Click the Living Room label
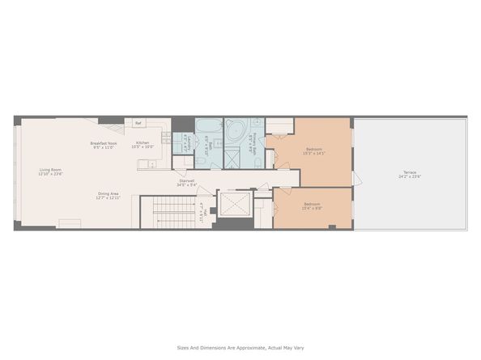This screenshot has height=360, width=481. tap(50, 169)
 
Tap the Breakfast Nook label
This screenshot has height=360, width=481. tap(105, 143)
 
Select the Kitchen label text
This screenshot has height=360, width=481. tap(143, 143)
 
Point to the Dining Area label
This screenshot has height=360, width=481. tap(109, 193)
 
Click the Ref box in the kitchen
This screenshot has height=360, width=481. tap(138, 123)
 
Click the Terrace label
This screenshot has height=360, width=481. tap(411, 172)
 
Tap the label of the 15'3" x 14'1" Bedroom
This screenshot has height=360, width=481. tap(315, 149)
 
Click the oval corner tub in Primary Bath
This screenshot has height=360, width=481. tap(236, 129)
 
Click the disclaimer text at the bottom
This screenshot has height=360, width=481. tap(240, 348)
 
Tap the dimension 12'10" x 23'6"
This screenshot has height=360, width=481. tap(50, 174)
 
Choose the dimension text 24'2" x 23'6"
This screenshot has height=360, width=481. tap(411, 176)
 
